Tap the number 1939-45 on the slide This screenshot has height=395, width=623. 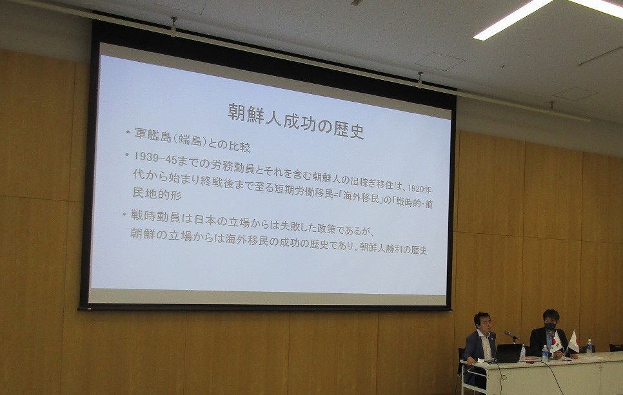coord(153,158)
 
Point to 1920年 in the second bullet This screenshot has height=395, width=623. coord(420,188)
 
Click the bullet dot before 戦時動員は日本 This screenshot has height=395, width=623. coord(124,215)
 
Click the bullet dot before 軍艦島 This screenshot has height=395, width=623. coord(128,132)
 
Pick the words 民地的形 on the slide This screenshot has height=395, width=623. coord(157,193)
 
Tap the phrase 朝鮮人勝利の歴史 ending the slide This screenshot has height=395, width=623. coord(393,248)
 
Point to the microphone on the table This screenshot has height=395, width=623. coord(511,336)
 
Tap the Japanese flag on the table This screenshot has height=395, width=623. coord(573,342)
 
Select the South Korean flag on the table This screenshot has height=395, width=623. coord(556,342)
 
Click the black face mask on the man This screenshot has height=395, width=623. coord(549,326)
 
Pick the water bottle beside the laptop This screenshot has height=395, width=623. coord(523,352)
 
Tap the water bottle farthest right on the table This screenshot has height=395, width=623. coord(589,346)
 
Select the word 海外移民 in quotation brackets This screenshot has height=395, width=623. coord(361,197)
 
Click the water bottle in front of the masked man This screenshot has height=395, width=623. coord(545,353)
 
